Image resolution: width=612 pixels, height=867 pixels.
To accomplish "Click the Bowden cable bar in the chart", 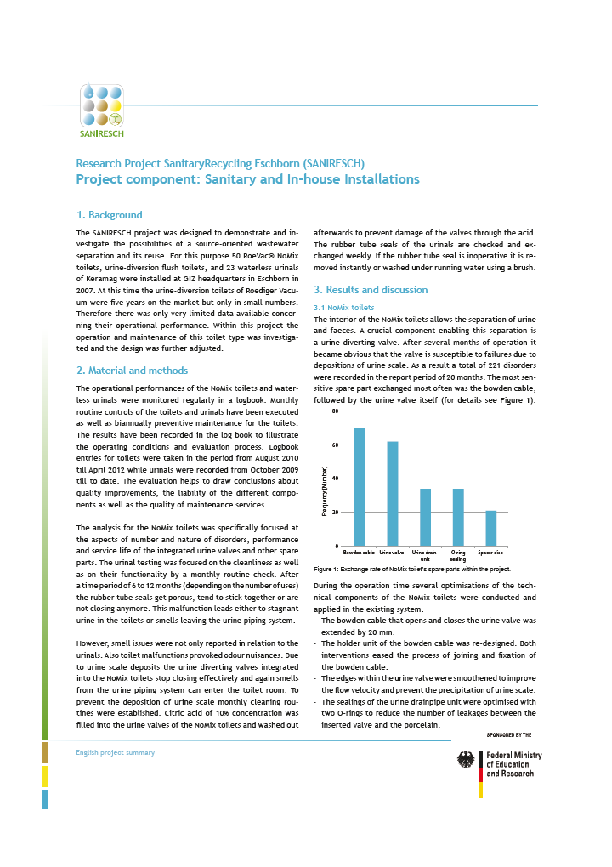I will pyautogui.click(x=360, y=486).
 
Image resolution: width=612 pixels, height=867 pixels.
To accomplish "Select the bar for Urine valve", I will pyautogui.click(x=392, y=493).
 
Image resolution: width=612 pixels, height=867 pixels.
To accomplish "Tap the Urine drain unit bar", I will pyautogui.click(x=425, y=517).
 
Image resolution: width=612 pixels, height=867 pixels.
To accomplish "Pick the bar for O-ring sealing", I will pyautogui.click(x=458, y=517).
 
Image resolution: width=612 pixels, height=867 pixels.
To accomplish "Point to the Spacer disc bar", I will pyautogui.click(x=491, y=528).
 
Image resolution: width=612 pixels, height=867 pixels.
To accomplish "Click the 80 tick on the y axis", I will pyautogui.click(x=336, y=411).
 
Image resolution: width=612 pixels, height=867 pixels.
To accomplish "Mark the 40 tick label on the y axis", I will pyautogui.click(x=336, y=479).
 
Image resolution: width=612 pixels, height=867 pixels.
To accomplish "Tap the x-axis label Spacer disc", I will pyautogui.click(x=491, y=552).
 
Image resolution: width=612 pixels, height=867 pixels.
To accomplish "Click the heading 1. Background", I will pyautogui.click(x=110, y=215).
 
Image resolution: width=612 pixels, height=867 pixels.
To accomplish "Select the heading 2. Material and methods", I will pyautogui.click(x=132, y=371).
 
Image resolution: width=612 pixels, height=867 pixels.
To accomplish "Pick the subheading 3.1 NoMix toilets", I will pyautogui.click(x=344, y=306).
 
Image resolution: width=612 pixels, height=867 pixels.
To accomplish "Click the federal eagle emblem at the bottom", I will pyautogui.click(x=467, y=760).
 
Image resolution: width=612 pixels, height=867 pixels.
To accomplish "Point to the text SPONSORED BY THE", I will pyautogui.click(x=508, y=734).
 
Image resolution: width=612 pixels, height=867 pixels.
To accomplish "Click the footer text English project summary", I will pyautogui.click(x=116, y=752).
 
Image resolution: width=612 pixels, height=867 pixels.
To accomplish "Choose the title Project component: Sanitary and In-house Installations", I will pyautogui.click(x=247, y=179).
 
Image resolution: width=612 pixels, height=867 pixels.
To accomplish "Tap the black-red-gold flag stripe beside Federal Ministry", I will pyautogui.click(x=480, y=773).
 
